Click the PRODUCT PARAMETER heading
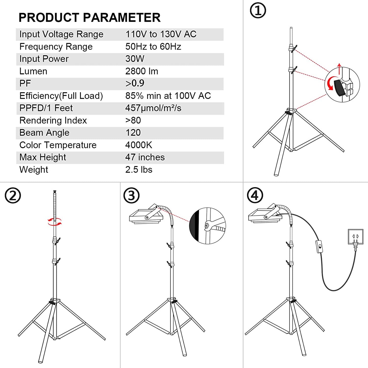click(x=89, y=18)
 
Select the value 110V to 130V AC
click(x=161, y=34)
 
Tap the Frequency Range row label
click(x=56, y=47)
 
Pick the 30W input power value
click(x=135, y=59)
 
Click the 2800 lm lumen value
click(x=142, y=71)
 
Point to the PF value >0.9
click(x=135, y=83)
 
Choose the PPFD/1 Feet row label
click(x=46, y=108)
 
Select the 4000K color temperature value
click(x=139, y=145)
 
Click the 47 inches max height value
click(x=145, y=157)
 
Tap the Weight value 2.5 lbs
click(x=139, y=170)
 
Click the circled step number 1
click(x=258, y=11)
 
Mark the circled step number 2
click(x=13, y=196)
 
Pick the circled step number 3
click(x=131, y=196)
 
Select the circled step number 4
click(x=255, y=196)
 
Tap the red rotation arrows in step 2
click(x=54, y=222)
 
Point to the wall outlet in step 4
click(x=356, y=237)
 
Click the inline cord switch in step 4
click(x=319, y=247)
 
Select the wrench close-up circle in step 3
click(x=208, y=226)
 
